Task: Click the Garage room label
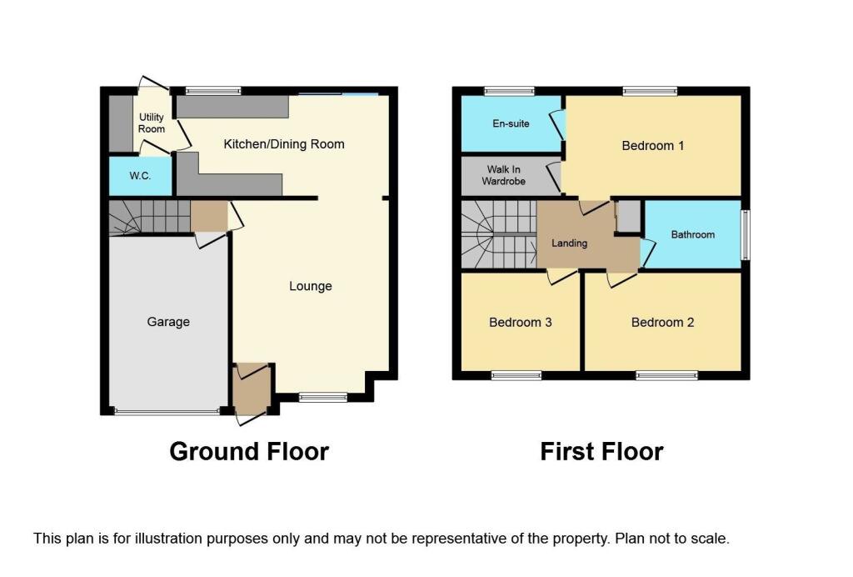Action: [x=168, y=322]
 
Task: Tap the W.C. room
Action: [x=139, y=177]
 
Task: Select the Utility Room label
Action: [x=152, y=123]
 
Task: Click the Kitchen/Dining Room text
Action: [x=283, y=144]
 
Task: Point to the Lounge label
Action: [x=310, y=286]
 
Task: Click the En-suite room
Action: [x=511, y=124]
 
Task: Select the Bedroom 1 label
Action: [x=652, y=146]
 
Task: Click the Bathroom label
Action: [x=692, y=234]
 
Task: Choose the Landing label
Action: [x=570, y=243]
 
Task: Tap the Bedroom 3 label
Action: [x=520, y=323]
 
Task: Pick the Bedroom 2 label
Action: [x=662, y=323]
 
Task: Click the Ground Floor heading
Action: [x=249, y=452]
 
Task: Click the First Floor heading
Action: [x=601, y=452]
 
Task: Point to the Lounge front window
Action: [x=322, y=398]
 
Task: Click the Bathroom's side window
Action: [x=746, y=233]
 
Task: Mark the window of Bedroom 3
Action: [x=516, y=376]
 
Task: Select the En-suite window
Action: [x=510, y=91]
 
